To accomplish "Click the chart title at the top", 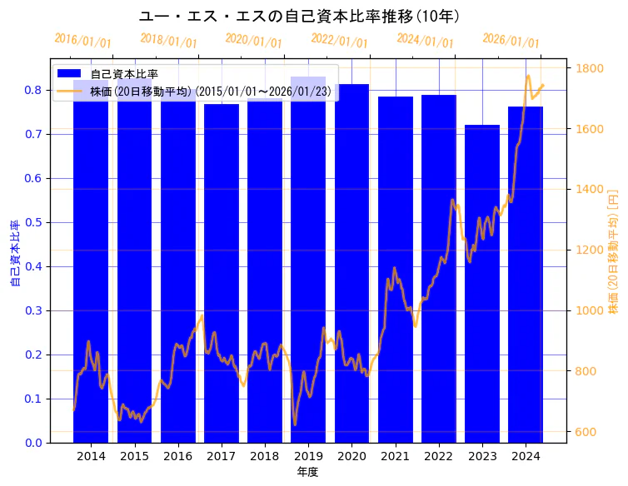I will click(x=299, y=16).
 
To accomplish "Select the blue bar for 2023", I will click(x=482, y=283).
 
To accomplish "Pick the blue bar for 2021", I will click(x=396, y=270).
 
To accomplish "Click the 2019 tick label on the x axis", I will click(x=308, y=456).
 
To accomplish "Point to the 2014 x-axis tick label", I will click(x=91, y=456).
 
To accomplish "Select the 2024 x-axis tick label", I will click(x=526, y=456).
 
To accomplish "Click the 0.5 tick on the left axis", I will click(x=36, y=222).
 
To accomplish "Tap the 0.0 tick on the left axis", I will click(x=36, y=443).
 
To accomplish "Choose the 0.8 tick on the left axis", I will click(x=36, y=90).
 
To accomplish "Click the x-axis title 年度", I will click(x=308, y=472).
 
